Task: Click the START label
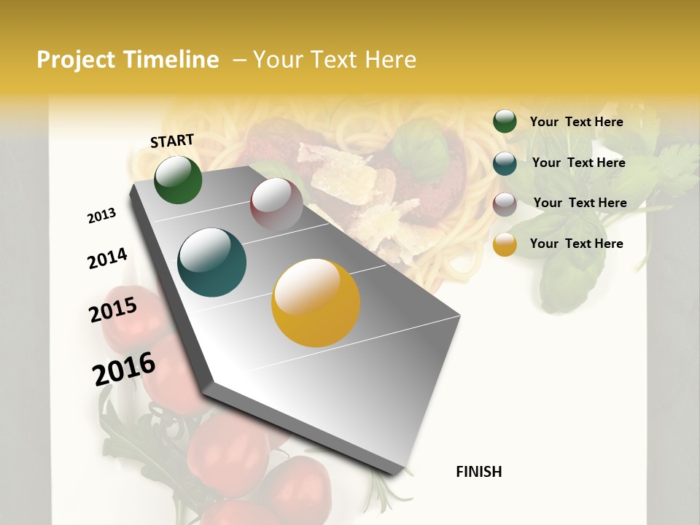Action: coord(172,141)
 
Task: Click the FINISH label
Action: coord(478,472)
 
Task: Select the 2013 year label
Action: coord(101,216)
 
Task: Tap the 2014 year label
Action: coord(107,258)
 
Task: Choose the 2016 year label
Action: coord(124,368)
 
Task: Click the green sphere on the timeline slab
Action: coord(178,179)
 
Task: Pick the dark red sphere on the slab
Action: coord(276,203)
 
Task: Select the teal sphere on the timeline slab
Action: coord(211,262)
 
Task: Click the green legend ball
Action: coord(505,122)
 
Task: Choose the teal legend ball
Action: coord(505,163)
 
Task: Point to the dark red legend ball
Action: coord(505,204)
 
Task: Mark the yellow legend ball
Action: coord(505,244)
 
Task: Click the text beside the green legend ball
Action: coord(576,122)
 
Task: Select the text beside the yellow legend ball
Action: coord(576,244)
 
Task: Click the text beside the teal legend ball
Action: coord(578,163)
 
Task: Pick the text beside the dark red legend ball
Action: coord(580,203)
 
